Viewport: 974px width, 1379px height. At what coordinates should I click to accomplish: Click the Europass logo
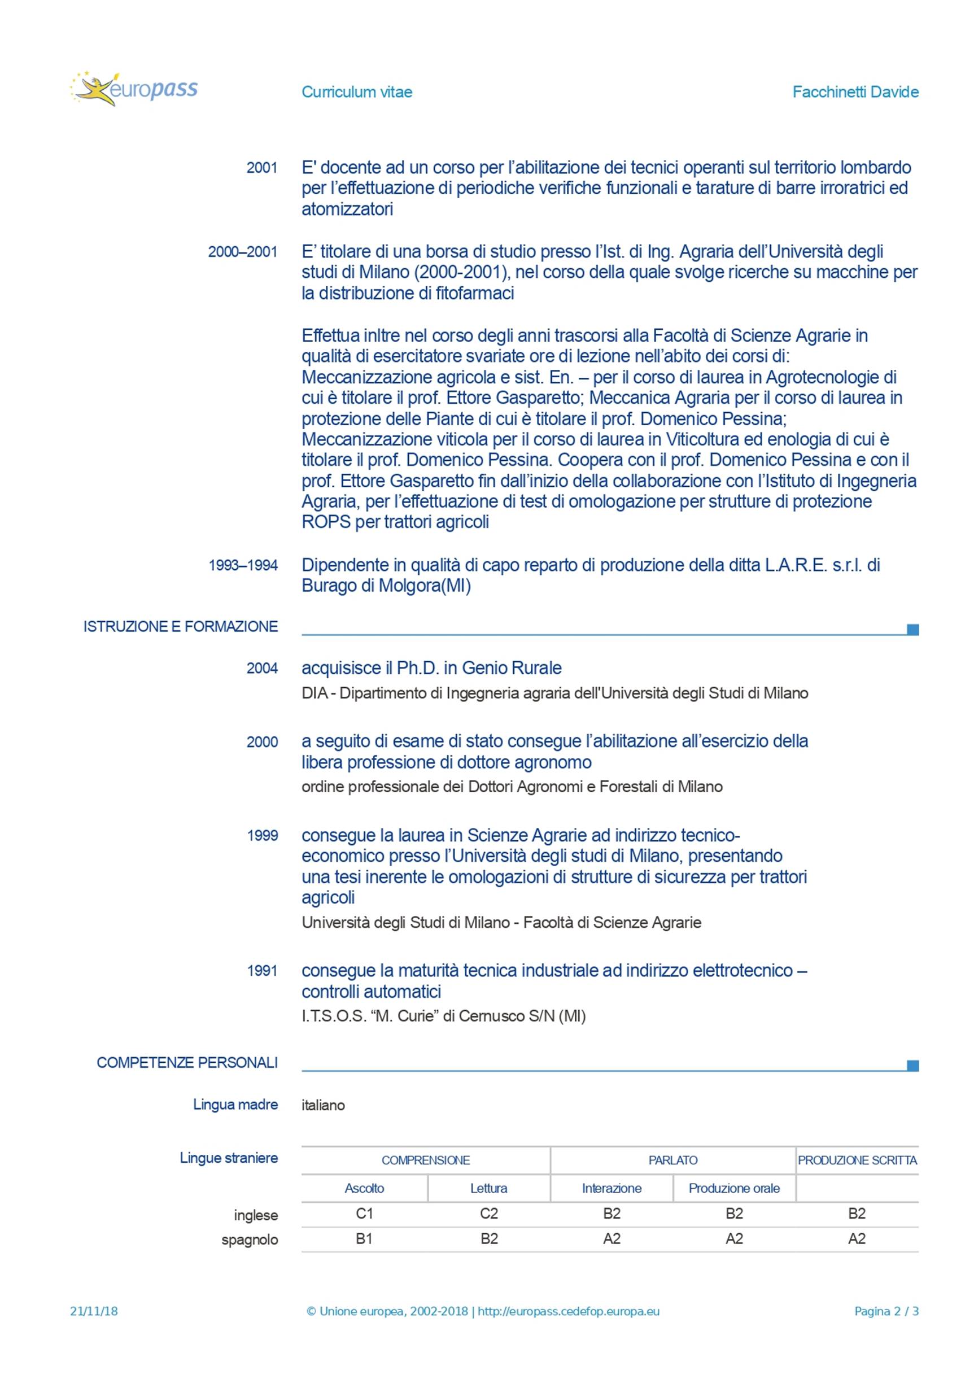(x=133, y=89)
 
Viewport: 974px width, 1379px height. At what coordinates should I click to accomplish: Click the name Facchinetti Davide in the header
(x=855, y=92)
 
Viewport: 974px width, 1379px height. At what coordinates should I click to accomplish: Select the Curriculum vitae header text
(x=357, y=92)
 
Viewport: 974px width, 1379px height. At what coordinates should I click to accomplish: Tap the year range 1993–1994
(x=243, y=565)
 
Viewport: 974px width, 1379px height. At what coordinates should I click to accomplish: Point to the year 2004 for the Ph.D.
(x=262, y=668)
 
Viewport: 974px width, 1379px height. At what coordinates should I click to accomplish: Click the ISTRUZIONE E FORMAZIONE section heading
(x=180, y=626)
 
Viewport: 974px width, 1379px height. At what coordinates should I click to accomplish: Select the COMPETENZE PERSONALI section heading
(x=187, y=1062)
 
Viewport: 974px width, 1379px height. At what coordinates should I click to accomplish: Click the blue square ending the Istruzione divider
(x=912, y=630)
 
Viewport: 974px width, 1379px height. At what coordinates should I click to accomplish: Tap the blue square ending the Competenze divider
(x=912, y=1066)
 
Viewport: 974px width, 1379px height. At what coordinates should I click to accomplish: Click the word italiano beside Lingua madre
(x=323, y=1105)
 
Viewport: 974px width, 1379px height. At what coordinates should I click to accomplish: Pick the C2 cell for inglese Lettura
(x=489, y=1213)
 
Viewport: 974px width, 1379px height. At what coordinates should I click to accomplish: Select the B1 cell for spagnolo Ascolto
(x=365, y=1238)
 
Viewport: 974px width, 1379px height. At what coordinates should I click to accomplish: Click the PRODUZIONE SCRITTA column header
(x=857, y=1160)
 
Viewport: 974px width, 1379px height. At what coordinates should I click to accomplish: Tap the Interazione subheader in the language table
(x=612, y=1188)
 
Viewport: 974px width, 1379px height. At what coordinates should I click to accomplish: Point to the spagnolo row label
(x=249, y=1240)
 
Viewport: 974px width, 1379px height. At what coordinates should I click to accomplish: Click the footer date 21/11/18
(x=94, y=1311)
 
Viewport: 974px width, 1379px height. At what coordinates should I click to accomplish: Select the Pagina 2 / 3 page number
(x=886, y=1311)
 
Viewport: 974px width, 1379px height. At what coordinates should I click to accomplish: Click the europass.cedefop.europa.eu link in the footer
(x=568, y=1311)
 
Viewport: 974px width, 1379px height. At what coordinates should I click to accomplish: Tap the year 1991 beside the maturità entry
(x=263, y=971)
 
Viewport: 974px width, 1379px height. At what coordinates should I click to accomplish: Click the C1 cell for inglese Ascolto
(x=365, y=1213)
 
